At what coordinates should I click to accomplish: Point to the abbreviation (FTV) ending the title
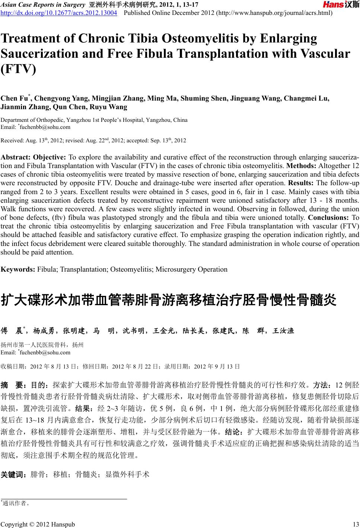click(19, 70)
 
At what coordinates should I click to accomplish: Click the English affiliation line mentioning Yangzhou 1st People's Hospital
click(94, 120)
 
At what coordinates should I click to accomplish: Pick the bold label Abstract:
click(16, 156)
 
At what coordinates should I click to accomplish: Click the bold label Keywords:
click(18, 269)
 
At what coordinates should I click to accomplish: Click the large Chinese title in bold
click(168, 300)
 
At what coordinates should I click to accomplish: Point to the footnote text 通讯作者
click(15, 503)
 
